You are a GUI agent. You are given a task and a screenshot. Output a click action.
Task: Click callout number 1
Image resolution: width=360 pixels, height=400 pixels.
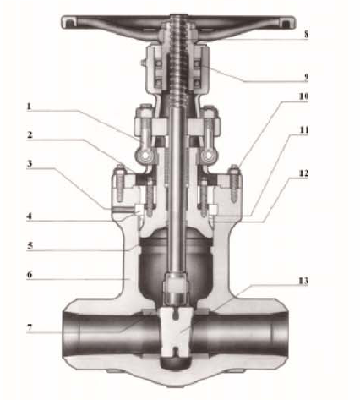tap(29, 107)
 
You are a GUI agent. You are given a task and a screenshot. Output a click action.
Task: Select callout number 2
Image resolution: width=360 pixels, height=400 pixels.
tap(30, 134)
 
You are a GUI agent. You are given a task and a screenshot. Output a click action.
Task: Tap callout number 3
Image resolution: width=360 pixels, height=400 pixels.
tap(30, 164)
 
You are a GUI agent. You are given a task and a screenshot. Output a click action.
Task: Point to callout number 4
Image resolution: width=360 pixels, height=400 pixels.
tap(29, 216)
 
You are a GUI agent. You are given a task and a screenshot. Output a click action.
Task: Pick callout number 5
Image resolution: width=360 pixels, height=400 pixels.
tap(30, 245)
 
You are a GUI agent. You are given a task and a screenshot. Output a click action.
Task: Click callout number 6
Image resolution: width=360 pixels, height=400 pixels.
tap(30, 275)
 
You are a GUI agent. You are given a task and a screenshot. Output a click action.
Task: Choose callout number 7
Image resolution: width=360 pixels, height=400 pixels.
tap(30, 328)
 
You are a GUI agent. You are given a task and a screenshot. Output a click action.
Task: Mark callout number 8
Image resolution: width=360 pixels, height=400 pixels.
tap(306, 35)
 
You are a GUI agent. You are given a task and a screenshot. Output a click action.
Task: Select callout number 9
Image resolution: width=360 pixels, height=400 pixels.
tap(306, 77)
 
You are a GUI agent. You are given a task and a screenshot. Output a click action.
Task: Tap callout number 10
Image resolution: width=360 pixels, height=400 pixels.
tap(303, 96)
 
